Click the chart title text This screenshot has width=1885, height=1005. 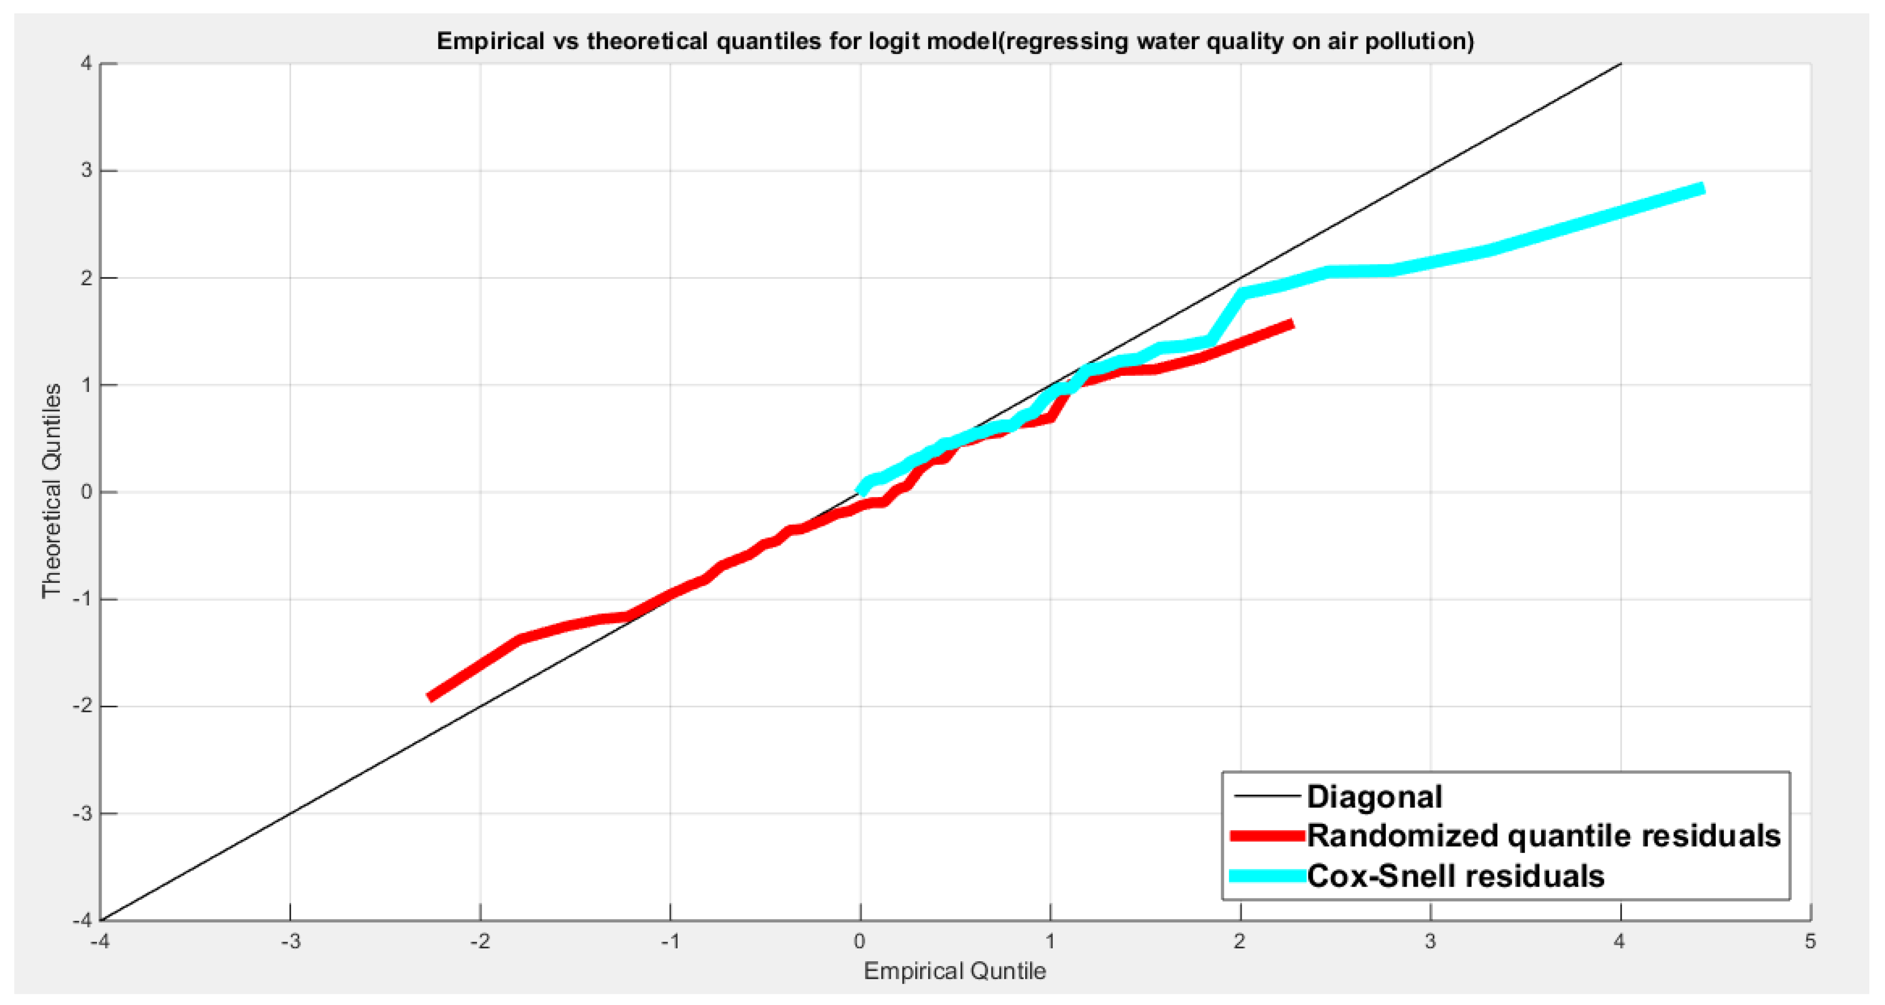click(x=955, y=41)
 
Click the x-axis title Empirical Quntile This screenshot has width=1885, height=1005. click(x=954, y=971)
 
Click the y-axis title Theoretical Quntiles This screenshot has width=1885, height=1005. click(x=51, y=491)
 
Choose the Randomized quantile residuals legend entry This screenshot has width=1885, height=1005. click(x=1543, y=836)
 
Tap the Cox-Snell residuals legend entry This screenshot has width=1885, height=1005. click(x=1455, y=876)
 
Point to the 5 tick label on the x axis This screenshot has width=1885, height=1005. click(x=1810, y=941)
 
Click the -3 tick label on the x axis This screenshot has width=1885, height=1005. click(x=291, y=941)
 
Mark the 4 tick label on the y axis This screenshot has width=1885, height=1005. click(x=87, y=64)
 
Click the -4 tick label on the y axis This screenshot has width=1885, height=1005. click(x=83, y=919)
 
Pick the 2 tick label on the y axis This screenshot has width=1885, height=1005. click(x=87, y=278)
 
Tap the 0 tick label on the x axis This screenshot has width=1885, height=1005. click(x=860, y=941)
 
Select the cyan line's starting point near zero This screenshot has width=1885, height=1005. click(x=861, y=492)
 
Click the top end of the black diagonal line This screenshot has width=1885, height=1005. click(x=1620, y=64)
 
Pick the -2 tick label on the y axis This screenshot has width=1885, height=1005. click(x=83, y=706)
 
